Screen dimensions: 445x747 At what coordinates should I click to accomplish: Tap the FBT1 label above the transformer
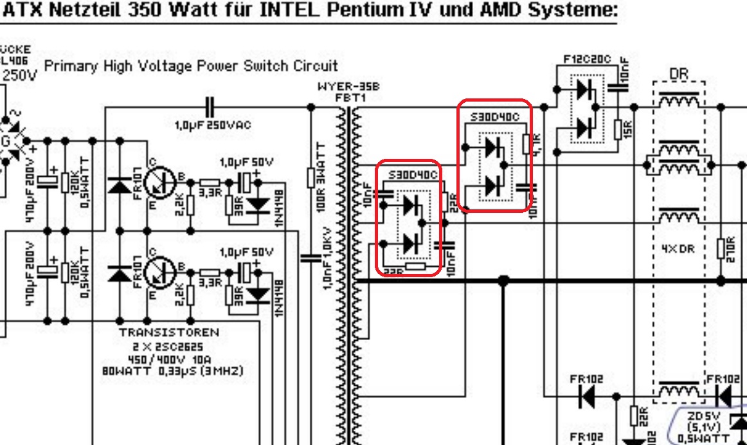(348, 98)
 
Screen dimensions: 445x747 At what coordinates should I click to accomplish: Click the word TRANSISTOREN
(169, 332)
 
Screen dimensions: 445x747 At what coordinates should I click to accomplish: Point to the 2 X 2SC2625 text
(169, 345)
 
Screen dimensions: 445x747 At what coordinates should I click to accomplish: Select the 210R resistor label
(730, 247)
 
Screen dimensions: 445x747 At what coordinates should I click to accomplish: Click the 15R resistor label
(627, 129)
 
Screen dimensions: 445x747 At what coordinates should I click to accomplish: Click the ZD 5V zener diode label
(703, 416)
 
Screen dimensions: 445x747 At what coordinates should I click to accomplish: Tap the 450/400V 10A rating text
(168, 358)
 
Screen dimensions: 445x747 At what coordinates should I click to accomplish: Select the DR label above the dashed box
(679, 75)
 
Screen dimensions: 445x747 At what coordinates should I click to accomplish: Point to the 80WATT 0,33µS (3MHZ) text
(172, 371)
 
